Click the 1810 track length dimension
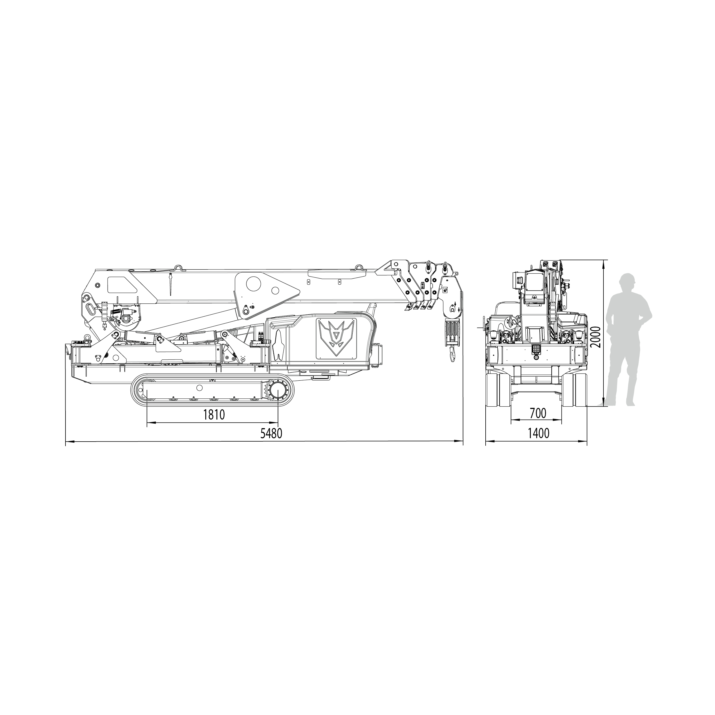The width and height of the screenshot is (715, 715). (214, 415)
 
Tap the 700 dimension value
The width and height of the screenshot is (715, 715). (538, 413)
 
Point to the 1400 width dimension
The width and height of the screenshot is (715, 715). (539, 433)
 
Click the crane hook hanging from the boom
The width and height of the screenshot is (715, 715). (452, 354)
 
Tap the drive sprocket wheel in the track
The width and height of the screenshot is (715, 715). (277, 391)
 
